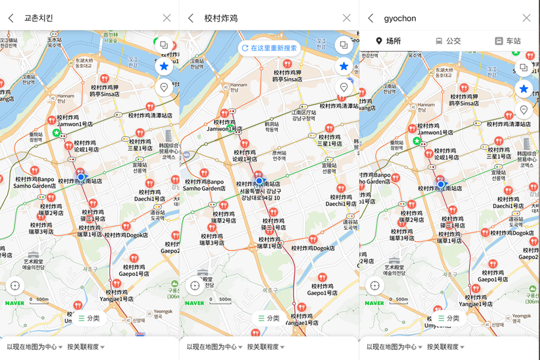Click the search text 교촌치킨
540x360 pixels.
[38, 18]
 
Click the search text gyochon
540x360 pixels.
[400, 18]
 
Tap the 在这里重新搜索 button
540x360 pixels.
[269, 48]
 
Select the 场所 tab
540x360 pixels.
[388, 41]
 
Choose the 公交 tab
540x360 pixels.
[448, 41]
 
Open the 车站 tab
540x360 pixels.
[508, 41]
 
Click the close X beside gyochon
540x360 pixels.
[526, 18]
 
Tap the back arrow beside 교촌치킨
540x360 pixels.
[11, 18]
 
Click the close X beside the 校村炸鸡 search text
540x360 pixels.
[346, 18]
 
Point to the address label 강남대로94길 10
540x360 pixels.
[260, 198]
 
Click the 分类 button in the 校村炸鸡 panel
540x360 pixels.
[268, 318]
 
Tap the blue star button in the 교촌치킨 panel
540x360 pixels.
[164, 66]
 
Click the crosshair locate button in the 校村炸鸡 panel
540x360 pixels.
[194, 286]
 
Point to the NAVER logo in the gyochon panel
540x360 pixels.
[374, 303]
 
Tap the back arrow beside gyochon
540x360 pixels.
[371, 18]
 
